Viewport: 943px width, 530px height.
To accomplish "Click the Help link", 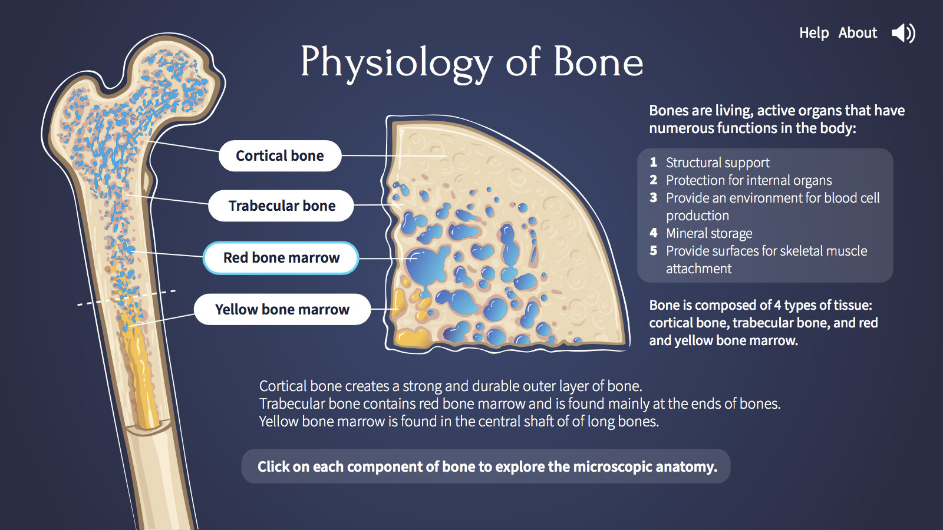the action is pyautogui.click(x=814, y=33).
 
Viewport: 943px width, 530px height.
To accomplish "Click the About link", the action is pyautogui.click(x=858, y=33).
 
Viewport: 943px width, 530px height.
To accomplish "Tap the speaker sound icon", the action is pyautogui.click(x=904, y=33).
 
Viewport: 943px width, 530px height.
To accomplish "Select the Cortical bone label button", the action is pyautogui.click(x=280, y=155).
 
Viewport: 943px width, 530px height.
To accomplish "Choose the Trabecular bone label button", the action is pyautogui.click(x=281, y=206).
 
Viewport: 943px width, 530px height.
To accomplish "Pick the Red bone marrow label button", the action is pyautogui.click(x=281, y=257).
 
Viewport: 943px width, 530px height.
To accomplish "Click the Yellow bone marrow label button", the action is pyautogui.click(x=282, y=309).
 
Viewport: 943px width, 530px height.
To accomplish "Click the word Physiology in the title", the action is pyautogui.click(x=396, y=63).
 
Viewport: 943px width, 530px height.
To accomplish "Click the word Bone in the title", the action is pyautogui.click(x=598, y=62).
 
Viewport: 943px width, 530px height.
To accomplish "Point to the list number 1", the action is pyautogui.click(x=654, y=162).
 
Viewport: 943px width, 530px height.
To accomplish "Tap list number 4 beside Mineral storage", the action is pyautogui.click(x=654, y=233).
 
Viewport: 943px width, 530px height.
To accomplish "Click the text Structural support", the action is pyautogui.click(x=717, y=163).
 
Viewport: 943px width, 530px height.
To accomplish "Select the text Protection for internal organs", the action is pyautogui.click(x=749, y=180).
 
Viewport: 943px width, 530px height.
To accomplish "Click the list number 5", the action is pyautogui.click(x=654, y=250).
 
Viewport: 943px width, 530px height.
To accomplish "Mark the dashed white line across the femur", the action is pyautogui.click(x=127, y=297).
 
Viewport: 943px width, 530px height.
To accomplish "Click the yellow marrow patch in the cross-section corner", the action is pyautogui.click(x=413, y=338).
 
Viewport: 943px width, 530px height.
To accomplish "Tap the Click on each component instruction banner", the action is pyautogui.click(x=486, y=466).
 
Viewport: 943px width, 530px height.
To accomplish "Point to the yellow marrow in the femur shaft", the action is pyautogui.click(x=141, y=370).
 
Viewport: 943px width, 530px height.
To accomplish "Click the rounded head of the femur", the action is pyautogui.click(x=177, y=76).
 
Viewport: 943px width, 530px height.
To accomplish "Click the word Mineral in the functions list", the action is pyautogui.click(x=686, y=233).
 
